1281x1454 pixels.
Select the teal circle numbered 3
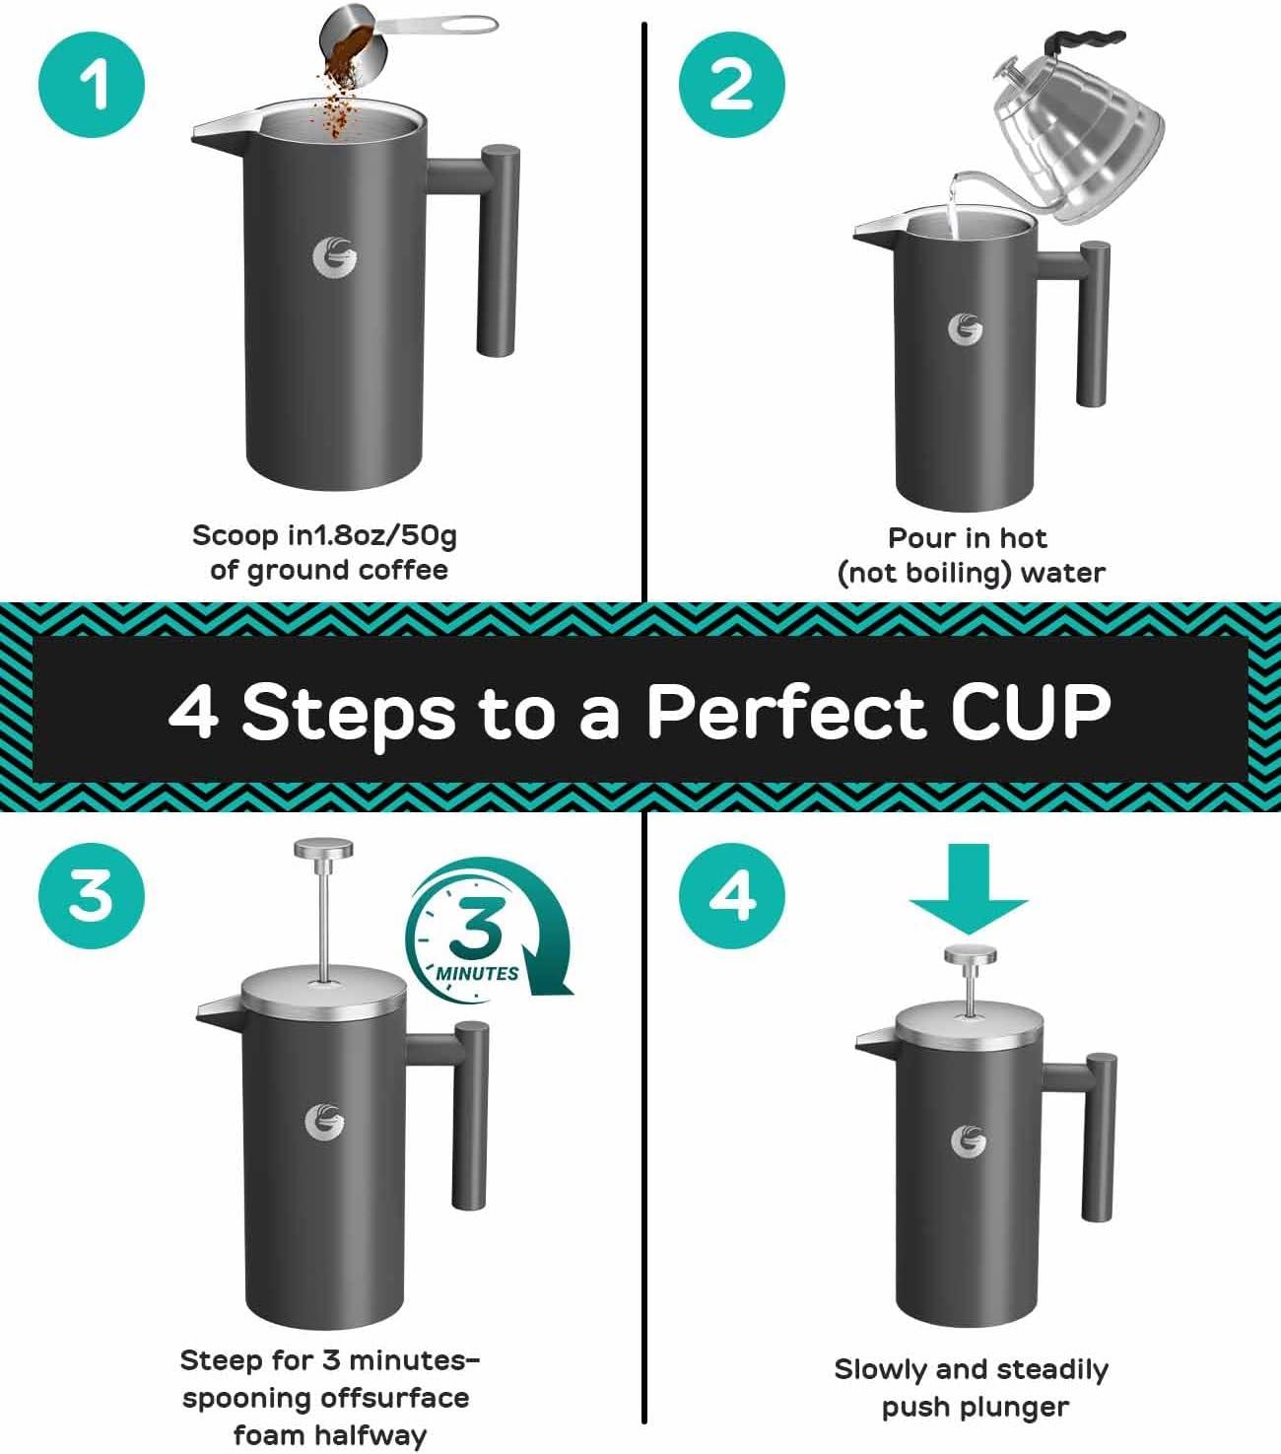[92, 895]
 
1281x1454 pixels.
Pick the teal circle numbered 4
[732, 895]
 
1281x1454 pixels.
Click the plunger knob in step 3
[324, 850]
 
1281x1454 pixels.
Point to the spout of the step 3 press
[219, 1010]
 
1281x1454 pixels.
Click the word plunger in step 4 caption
[1018, 1408]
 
